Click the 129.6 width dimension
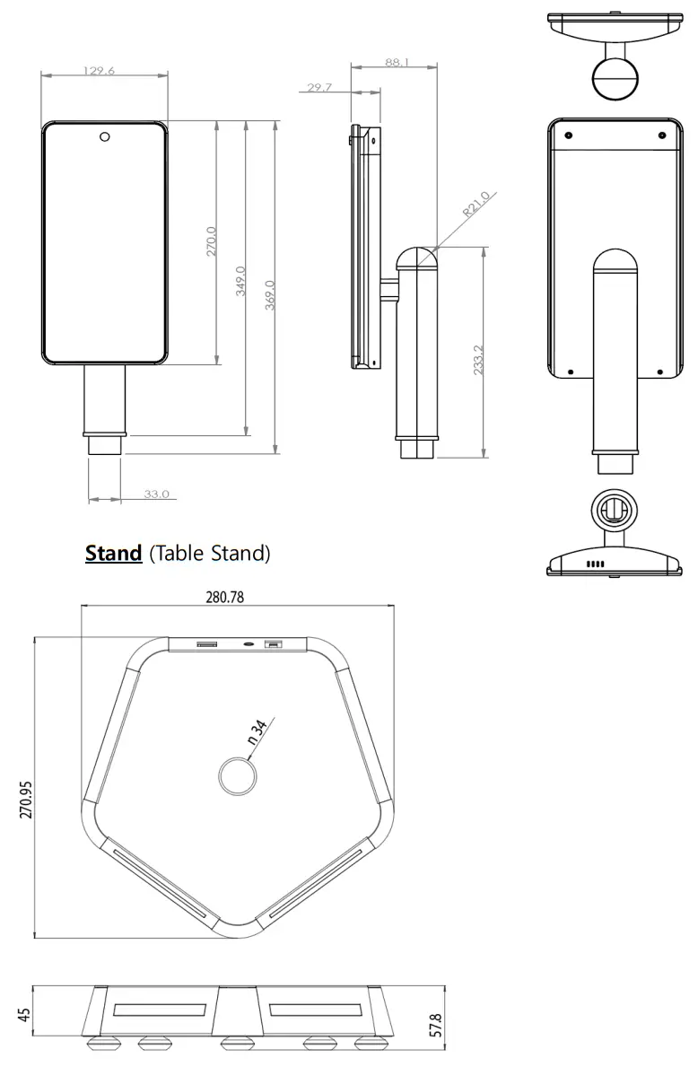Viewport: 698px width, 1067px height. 99,71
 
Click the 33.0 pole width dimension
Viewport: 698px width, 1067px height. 156,494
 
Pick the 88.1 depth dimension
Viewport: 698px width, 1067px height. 396,63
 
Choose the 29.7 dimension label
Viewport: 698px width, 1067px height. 319,87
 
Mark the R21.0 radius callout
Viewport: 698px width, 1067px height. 476,205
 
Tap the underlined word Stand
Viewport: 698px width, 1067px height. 113,553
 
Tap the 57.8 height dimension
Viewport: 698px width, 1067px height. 437,1022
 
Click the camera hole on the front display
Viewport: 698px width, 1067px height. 104,136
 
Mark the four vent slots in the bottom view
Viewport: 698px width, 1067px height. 596,564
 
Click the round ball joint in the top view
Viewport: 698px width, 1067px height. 614,77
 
